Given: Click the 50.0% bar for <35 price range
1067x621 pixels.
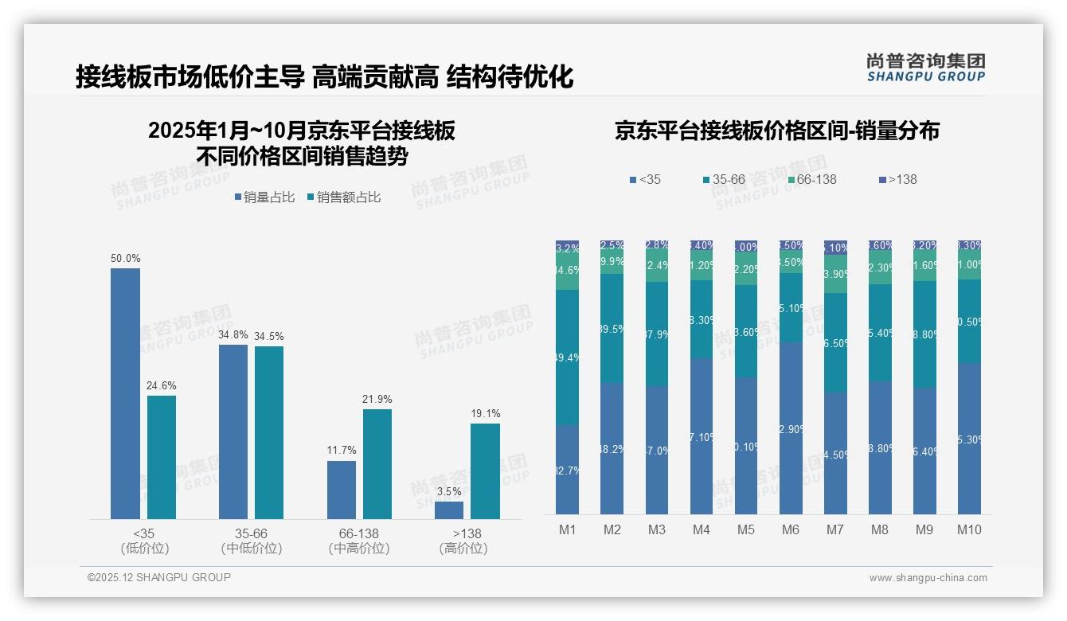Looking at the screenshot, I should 125,393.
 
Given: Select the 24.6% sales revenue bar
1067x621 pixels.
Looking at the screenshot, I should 162,457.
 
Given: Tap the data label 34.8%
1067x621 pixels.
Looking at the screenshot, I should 233,335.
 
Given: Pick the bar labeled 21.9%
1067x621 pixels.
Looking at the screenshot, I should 377,463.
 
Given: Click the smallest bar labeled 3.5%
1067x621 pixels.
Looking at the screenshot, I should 449,510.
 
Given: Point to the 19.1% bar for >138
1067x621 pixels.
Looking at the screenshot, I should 485,471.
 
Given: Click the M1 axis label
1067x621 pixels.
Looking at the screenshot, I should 567,529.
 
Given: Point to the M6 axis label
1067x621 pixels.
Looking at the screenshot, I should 791,529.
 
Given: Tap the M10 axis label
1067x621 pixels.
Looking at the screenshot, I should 969,529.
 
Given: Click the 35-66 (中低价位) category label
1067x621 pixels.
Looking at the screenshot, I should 252,541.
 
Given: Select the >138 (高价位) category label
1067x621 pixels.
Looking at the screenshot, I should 463,541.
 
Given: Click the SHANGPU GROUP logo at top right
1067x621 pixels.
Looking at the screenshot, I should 925,68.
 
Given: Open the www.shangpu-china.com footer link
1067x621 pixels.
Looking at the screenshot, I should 928,578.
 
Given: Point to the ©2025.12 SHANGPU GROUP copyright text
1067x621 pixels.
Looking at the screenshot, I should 159,577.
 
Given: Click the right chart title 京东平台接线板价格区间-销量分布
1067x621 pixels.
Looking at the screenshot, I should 776,131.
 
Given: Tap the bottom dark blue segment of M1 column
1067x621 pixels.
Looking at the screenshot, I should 567,469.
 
